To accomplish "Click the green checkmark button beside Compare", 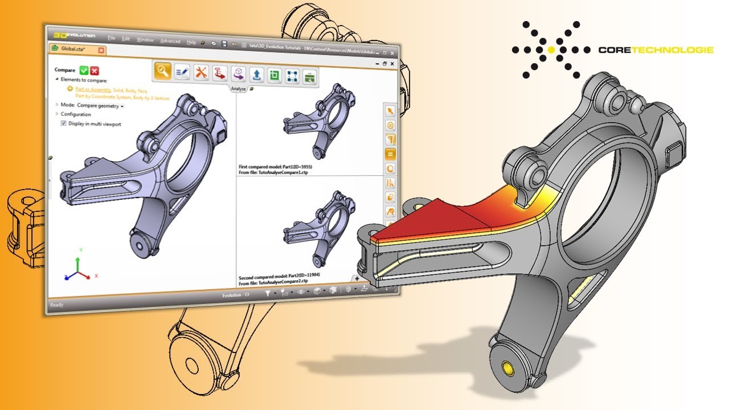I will coord(84,71).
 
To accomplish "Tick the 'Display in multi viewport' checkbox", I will coord(64,124).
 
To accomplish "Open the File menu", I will coord(112,39).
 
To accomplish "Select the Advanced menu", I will coord(170,41).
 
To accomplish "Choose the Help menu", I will coord(191,42).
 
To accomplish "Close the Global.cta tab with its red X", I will coord(101,50).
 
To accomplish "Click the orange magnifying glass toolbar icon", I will coord(163,71).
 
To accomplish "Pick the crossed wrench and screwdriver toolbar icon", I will coord(201,72).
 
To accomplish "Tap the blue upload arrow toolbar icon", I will coord(257,75).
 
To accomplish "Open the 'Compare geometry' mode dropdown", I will coord(100,105).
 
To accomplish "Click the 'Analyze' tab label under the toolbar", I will coord(238,88).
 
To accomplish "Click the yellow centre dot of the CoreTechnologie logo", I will coord(551,50).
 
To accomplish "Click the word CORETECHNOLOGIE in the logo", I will coord(656,50).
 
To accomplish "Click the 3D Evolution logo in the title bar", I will coord(74,35).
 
